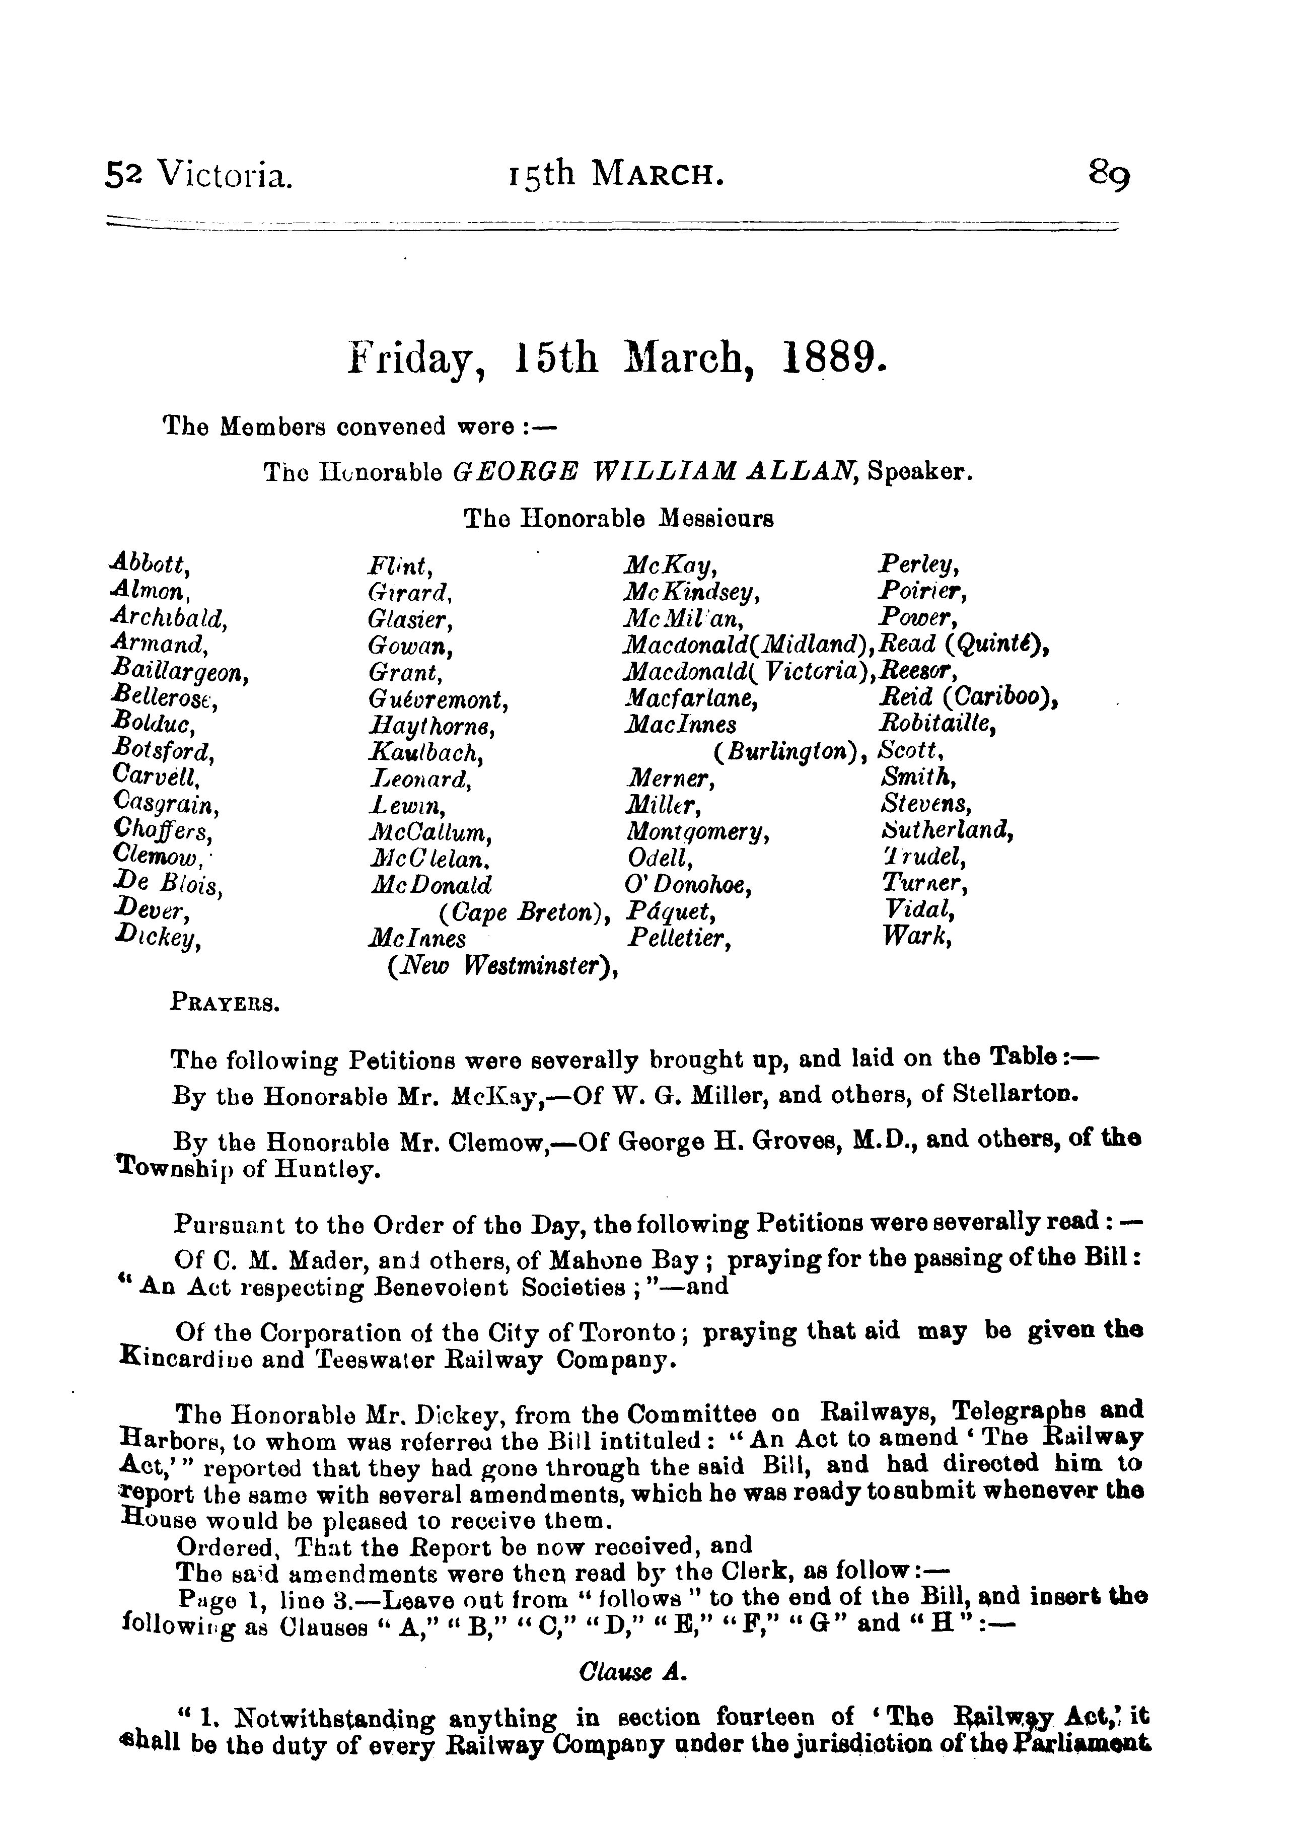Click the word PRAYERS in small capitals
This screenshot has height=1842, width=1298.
225,1003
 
